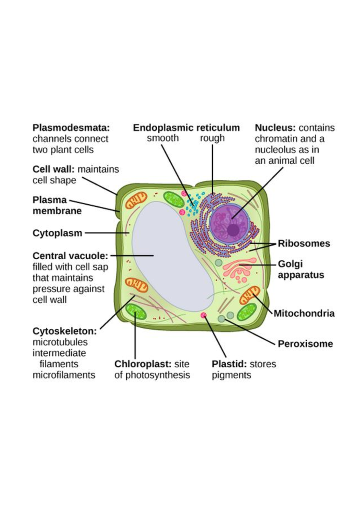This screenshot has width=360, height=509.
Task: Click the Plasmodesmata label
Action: pyautogui.click(x=71, y=128)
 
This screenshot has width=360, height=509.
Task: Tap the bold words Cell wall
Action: pyautogui.click(x=53, y=169)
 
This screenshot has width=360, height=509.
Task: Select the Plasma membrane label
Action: pyautogui.click(x=57, y=205)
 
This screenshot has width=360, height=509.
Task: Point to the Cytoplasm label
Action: pyautogui.click(x=57, y=233)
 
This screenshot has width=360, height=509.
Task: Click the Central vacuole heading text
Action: pyautogui.click(x=70, y=256)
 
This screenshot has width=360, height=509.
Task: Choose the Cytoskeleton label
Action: pyautogui.click(x=64, y=331)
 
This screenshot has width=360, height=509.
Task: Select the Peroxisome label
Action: pyautogui.click(x=305, y=344)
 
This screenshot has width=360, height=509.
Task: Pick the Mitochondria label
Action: pyautogui.click(x=304, y=313)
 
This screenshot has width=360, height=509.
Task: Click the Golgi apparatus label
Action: pyautogui.click(x=301, y=270)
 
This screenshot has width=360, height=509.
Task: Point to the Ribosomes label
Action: pyautogui.click(x=304, y=243)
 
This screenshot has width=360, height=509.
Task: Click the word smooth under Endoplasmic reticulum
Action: pyautogui.click(x=163, y=138)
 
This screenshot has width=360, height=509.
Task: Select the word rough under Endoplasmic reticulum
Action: pyautogui.click(x=212, y=138)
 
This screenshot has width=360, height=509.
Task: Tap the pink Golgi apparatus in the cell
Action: pyautogui.click(x=237, y=269)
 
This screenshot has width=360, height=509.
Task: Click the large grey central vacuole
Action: pyautogui.click(x=171, y=255)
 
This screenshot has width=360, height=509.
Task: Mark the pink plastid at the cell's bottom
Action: pyautogui.click(x=204, y=315)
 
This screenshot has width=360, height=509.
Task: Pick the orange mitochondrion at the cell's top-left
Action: pyautogui.click(x=136, y=200)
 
